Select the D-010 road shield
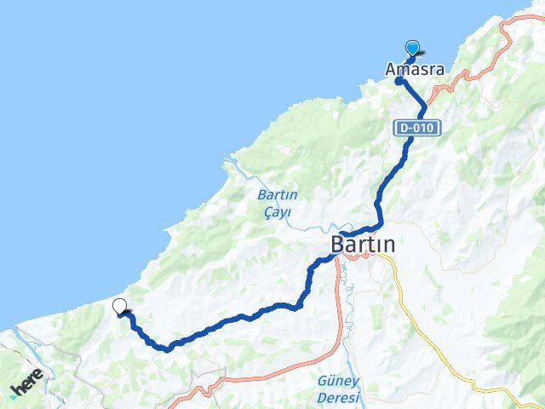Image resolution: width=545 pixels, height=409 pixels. [417, 128]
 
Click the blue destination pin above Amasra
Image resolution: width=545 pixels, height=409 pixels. [413, 49]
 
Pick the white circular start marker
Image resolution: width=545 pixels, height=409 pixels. [119, 307]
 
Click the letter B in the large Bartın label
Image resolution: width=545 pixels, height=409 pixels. [339, 245]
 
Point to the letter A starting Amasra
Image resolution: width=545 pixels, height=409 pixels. [391, 69]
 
